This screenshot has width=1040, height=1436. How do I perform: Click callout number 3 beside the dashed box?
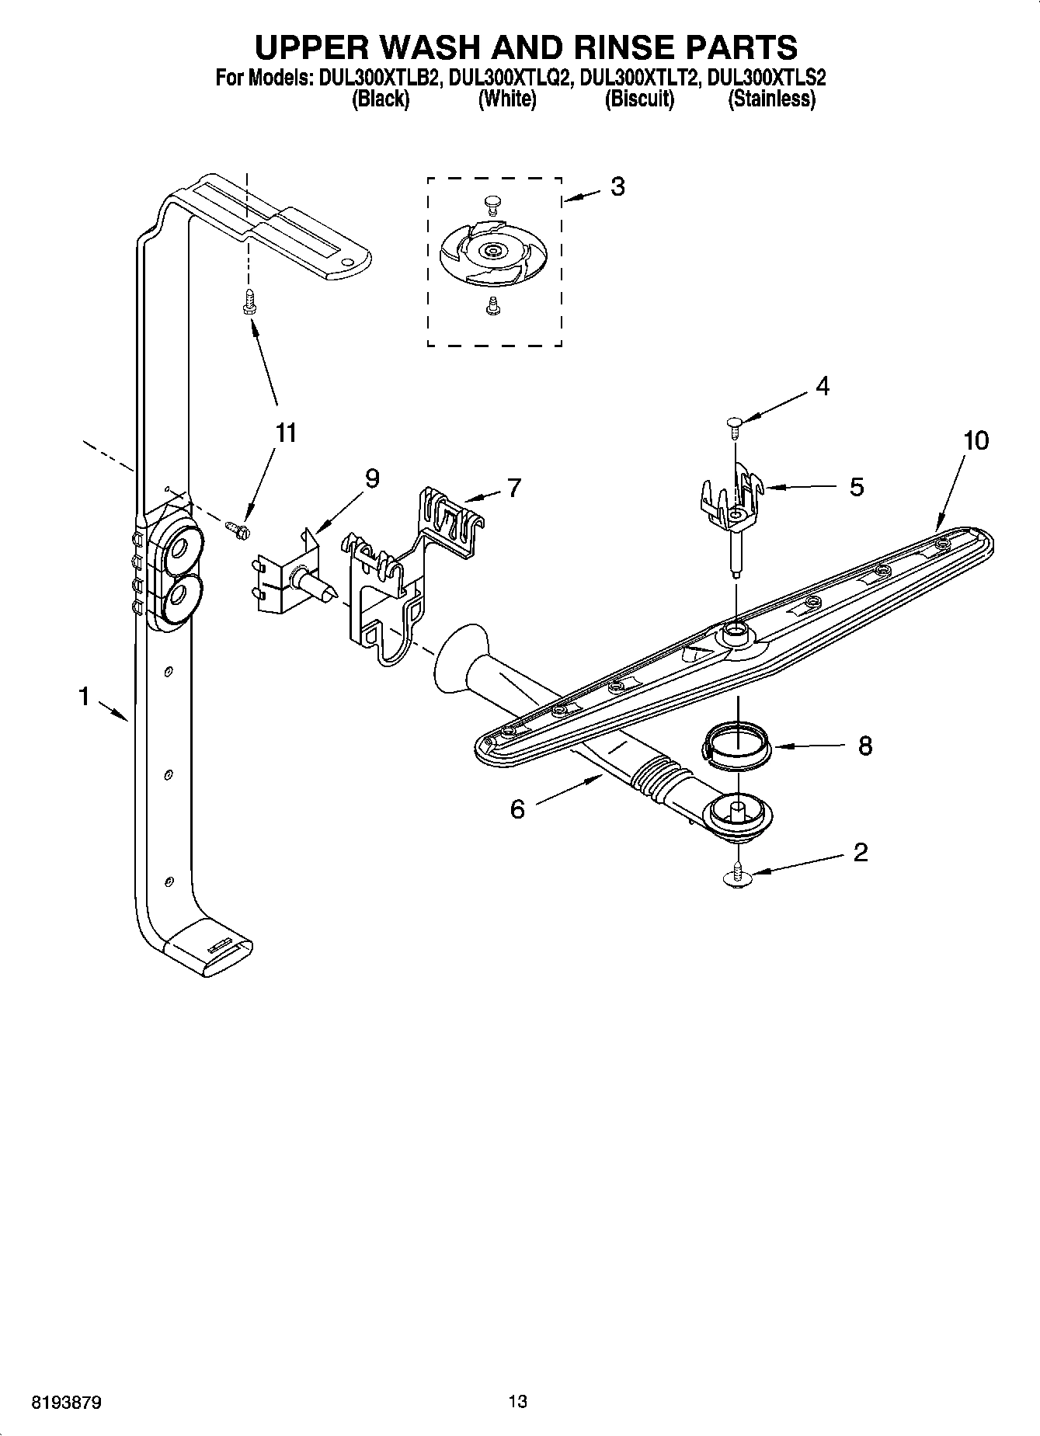617,186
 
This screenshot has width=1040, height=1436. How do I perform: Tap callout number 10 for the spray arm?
976,440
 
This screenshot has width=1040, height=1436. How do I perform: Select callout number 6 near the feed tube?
517,809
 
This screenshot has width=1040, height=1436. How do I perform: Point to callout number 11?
287,433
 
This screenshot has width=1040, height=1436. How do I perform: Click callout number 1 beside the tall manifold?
84,697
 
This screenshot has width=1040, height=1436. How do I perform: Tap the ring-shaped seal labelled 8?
736,746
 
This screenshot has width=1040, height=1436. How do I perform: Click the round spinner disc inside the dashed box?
492,251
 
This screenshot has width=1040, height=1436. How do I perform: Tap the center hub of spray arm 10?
734,633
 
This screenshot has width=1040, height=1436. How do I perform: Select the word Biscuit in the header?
639,99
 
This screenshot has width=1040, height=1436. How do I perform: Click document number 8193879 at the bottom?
66,1403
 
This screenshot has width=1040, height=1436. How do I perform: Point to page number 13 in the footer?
518,1401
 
